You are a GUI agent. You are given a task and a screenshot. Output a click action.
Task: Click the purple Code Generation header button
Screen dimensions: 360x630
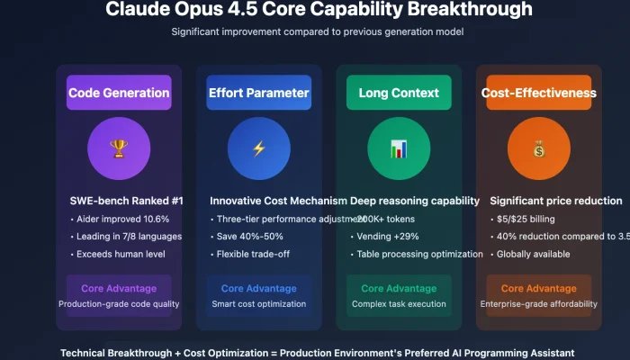(119, 93)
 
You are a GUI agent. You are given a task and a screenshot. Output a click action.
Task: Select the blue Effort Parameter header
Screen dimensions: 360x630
(258, 93)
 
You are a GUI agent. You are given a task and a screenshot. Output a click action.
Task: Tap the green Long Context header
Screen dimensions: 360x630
(399, 93)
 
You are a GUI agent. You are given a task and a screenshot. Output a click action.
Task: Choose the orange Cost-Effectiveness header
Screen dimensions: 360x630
(538, 93)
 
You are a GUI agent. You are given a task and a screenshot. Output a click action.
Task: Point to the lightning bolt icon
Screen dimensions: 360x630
(258, 148)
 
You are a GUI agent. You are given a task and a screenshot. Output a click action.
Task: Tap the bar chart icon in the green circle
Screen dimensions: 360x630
(399, 148)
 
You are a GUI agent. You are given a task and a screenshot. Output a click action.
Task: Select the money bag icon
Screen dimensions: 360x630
(538, 148)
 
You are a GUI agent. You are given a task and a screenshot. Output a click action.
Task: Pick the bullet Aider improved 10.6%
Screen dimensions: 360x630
(118, 219)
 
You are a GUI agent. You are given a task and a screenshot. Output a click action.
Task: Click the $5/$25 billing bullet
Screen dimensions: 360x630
(526, 219)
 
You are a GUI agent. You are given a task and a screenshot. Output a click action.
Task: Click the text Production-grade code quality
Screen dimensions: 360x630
(119, 304)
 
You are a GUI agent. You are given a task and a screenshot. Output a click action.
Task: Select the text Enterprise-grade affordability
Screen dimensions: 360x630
(538, 304)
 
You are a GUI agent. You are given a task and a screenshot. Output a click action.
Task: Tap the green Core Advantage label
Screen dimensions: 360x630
(399, 289)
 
